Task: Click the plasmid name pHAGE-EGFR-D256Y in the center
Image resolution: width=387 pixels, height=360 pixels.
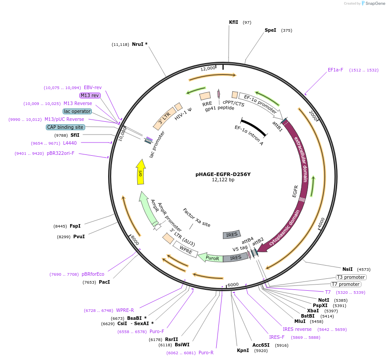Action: point(223,174)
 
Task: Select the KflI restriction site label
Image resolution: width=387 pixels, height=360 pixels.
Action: point(233,22)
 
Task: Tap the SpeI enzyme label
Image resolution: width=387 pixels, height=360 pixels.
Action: point(270,30)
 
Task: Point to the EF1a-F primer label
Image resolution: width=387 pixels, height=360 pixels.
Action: point(335,70)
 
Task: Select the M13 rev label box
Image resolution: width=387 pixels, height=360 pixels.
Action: point(90,95)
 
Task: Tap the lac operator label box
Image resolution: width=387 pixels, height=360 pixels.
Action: point(77,111)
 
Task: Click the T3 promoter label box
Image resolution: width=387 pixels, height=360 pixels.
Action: point(351,277)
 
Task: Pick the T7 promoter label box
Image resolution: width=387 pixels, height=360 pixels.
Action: point(346,284)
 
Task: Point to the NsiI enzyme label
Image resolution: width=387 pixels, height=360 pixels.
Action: point(347,269)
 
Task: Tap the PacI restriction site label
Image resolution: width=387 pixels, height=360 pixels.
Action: point(104,282)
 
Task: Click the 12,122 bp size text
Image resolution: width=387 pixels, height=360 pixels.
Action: point(223,180)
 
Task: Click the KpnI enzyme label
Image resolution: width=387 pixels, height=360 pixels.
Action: point(243,351)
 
